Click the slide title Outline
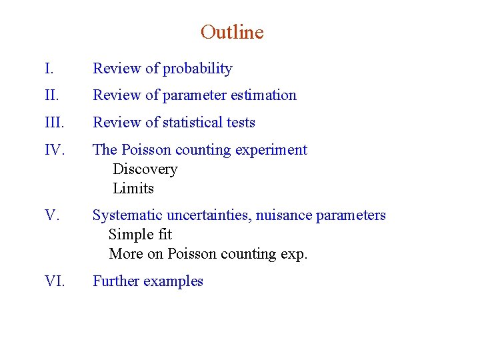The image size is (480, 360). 232,32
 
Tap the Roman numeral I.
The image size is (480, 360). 48,69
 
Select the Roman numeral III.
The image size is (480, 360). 55,123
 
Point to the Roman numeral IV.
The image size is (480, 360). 54,150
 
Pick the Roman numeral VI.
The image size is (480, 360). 54,281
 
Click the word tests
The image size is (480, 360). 240,123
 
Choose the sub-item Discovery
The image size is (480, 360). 145,169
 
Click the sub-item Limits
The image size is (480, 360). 133,189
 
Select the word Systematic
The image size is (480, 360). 127,215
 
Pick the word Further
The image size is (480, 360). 117,281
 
